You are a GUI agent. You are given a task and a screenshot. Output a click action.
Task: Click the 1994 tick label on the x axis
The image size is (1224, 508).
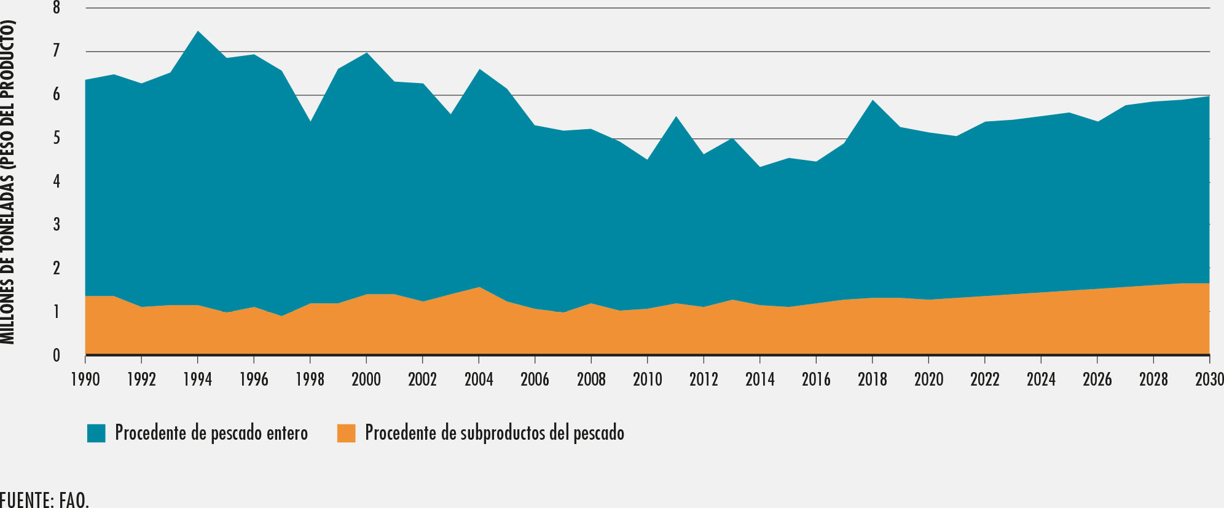click(197, 379)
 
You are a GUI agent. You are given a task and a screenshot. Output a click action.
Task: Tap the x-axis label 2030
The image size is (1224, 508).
click(1209, 379)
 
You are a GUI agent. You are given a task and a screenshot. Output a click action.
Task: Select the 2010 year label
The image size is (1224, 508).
click(648, 379)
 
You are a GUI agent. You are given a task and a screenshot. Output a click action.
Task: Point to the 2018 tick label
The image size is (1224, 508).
click(873, 379)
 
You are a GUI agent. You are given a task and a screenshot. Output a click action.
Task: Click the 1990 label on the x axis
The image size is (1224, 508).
click(85, 379)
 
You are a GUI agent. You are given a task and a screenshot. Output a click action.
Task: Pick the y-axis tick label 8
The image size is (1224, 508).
click(57, 9)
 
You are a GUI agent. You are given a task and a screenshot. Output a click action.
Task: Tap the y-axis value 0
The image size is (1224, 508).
click(57, 355)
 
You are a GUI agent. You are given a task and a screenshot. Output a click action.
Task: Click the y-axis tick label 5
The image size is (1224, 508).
click(57, 138)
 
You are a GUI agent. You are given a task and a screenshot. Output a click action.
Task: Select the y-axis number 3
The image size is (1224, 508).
click(57, 225)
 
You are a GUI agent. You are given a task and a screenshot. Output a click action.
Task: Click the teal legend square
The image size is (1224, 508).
click(96, 433)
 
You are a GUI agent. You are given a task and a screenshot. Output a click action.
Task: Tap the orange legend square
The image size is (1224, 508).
click(346, 433)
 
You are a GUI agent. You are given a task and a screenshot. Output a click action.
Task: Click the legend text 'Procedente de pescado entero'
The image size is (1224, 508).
click(211, 433)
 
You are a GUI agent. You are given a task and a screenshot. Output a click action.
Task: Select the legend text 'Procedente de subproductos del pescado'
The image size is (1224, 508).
click(495, 433)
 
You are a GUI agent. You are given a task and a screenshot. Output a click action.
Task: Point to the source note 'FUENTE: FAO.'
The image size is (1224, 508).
click(44, 499)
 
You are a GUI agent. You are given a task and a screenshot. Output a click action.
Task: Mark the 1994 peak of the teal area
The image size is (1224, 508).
click(197, 32)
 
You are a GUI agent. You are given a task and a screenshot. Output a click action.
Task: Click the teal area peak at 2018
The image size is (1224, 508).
click(873, 101)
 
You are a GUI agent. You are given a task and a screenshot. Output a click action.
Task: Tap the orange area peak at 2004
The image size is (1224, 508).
click(479, 288)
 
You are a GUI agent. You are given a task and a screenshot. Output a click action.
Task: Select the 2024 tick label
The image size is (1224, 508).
click(1041, 379)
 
